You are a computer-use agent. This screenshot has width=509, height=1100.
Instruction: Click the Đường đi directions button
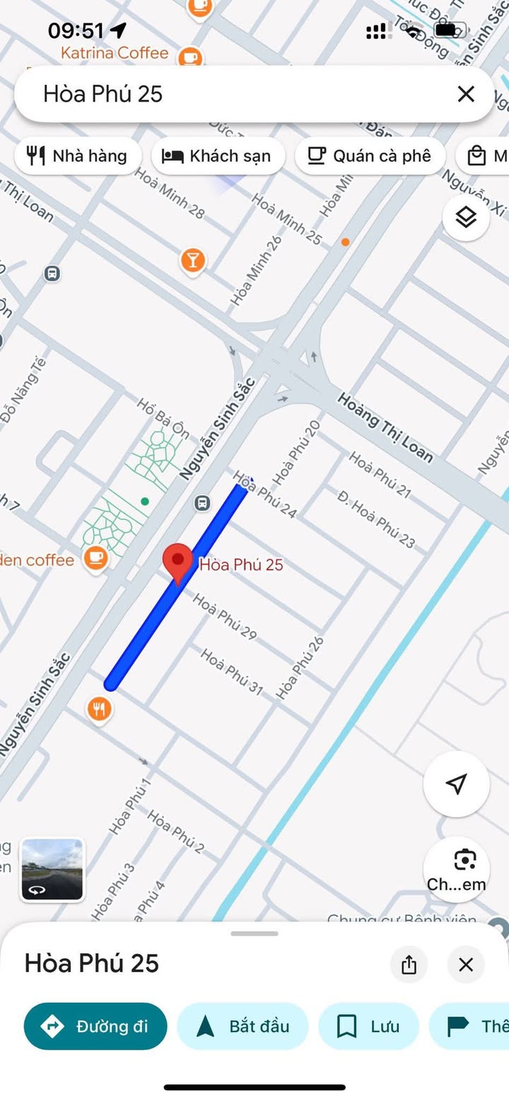coord(95,1026)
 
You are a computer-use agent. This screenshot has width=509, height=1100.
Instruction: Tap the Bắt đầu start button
coord(242,1026)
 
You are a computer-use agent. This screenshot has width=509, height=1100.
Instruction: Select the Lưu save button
coord(368,1026)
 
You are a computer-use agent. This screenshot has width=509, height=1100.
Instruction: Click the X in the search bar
coord(466,94)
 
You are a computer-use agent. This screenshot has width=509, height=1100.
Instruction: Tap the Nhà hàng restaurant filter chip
coord(78,155)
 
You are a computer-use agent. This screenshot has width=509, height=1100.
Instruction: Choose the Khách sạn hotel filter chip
coord(217,155)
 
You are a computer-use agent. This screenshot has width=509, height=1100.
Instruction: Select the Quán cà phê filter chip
coord(370,155)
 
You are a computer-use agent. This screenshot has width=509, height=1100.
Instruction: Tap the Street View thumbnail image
coord(52,870)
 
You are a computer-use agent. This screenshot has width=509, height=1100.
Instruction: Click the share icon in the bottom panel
coord(409,964)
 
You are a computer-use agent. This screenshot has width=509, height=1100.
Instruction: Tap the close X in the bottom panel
coord(466,964)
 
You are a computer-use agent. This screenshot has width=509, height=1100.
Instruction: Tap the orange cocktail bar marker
coord(192,261)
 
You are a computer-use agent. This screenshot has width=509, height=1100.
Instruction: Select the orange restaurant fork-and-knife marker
coord(100,708)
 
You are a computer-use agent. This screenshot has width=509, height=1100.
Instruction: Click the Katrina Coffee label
coord(115,53)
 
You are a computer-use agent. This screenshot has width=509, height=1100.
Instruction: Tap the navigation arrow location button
coord(457,783)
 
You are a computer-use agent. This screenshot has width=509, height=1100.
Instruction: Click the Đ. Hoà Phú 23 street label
coord(376,519)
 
